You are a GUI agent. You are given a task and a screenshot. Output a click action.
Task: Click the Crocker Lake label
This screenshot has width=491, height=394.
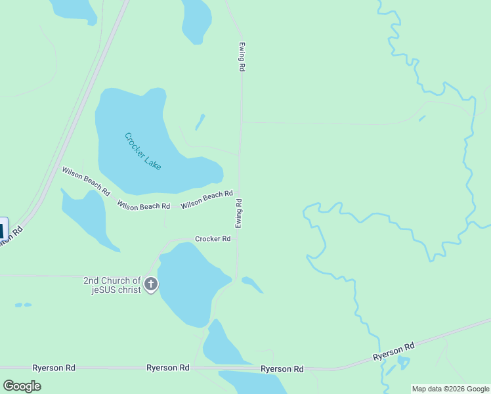(x=143, y=152)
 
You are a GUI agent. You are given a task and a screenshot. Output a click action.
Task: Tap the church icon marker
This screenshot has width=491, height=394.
(x=151, y=285)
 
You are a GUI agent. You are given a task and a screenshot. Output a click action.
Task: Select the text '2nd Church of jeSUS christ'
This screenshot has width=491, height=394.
(x=112, y=285)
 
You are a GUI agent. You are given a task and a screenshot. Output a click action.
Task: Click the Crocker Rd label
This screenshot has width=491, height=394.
(x=213, y=239)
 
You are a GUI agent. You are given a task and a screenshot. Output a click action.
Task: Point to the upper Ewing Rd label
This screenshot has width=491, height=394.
(x=242, y=58)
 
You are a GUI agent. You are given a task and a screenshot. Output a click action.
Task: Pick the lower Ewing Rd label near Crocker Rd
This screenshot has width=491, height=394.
(x=240, y=213)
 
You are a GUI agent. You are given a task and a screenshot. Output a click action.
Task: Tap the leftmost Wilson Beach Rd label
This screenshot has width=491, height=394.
(x=86, y=181)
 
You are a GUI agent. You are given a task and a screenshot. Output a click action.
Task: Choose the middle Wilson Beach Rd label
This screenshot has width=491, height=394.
(x=144, y=206)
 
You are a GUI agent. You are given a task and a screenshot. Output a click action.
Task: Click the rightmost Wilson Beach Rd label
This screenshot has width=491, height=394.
(x=207, y=199)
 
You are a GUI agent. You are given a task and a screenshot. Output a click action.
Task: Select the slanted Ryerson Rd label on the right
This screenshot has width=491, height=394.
(x=394, y=351)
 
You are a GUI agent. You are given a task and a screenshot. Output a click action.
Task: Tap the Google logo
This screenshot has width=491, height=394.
(x=22, y=385)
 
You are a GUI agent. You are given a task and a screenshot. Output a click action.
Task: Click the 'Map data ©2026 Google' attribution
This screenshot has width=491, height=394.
(x=450, y=389)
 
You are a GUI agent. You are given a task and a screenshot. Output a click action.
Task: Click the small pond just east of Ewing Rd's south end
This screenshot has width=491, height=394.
(x=251, y=284)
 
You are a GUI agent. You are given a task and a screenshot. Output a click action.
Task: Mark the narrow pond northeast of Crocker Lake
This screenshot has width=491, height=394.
(x=200, y=121)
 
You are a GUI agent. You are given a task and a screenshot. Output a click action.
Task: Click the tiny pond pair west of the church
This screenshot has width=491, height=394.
(x=23, y=305)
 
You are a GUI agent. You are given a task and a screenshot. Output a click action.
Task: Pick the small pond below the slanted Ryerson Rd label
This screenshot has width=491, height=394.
(x=402, y=362)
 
